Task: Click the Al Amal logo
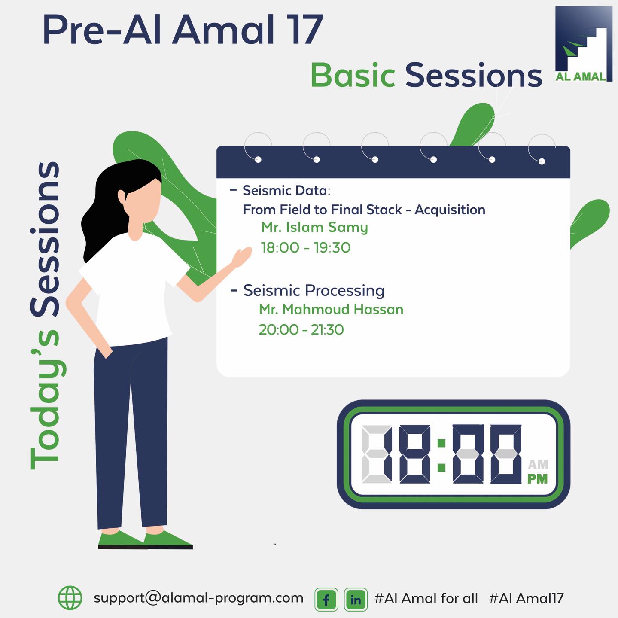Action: [583, 44]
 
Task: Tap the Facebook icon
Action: [326, 599]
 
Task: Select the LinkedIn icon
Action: [356, 599]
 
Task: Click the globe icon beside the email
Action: [70, 598]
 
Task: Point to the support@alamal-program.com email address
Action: [198, 598]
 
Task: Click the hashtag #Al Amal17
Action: [526, 598]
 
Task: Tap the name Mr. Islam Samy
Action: [314, 227]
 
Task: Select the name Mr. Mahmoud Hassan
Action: [331, 309]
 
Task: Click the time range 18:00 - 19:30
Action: [305, 247]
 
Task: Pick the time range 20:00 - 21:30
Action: [301, 329]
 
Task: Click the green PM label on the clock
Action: [537, 479]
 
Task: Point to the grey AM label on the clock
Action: [538, 464]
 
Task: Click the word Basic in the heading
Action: [353, 75]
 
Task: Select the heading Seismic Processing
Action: [314, 290]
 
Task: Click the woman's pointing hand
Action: [242, 256]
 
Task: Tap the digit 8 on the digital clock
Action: [414, 454]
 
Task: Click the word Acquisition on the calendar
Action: [450, 210]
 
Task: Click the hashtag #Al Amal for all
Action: [426, 598]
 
